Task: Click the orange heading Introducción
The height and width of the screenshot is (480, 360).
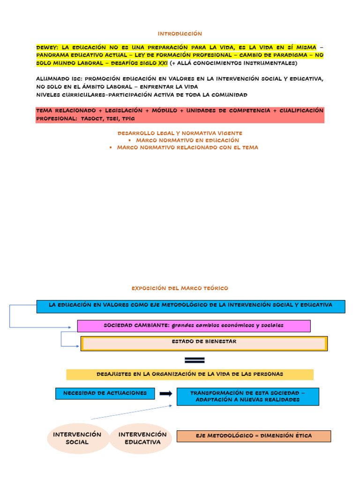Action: tap(180, 34)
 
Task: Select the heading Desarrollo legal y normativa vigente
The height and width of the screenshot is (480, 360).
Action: tap(180, 134)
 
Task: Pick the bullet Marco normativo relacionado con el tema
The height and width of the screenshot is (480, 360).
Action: tap(187, 147)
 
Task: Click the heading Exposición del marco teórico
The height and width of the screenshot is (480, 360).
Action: tap(180, 288)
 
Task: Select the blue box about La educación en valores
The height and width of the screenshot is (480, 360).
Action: tap(190, 306)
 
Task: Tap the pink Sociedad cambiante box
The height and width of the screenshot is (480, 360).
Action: tap(194, 325)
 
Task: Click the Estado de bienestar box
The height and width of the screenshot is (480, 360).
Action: tap(204, 343)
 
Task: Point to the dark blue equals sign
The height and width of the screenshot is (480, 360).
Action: tap(195, 360)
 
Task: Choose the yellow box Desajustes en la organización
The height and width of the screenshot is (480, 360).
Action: tap(189, 374)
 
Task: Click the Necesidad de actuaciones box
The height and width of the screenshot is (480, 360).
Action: tap(105, 393)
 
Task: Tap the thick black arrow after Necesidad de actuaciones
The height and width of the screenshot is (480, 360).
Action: tap(165, 394)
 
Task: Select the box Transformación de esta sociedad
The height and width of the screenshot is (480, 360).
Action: tap(247, 396)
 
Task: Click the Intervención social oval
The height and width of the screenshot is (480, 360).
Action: tap(77, 438)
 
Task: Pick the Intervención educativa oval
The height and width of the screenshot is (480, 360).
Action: tap(142, 438)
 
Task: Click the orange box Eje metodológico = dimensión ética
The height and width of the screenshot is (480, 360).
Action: tap(254, 436)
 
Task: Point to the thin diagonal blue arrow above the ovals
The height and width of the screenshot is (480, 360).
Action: tap(131, 412)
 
